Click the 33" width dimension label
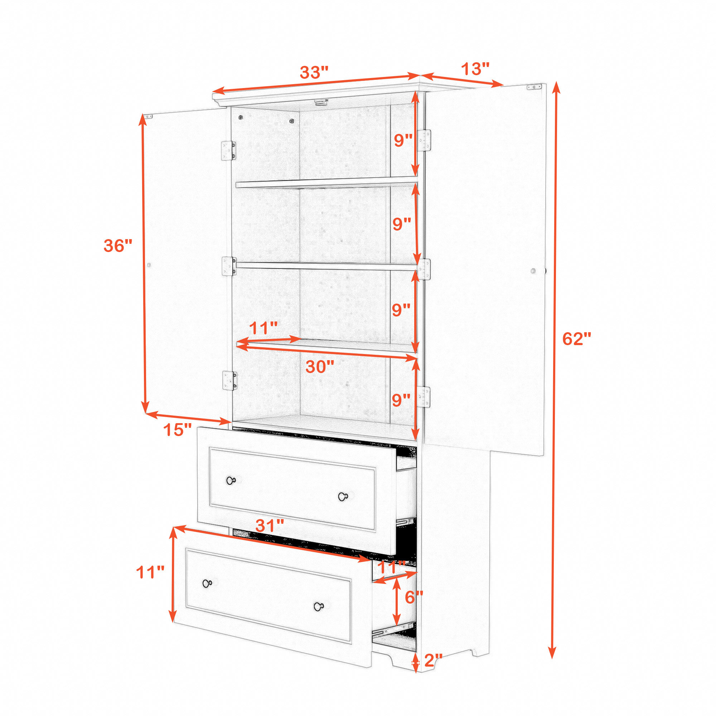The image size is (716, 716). point(314,72)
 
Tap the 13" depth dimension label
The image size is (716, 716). point(475,69)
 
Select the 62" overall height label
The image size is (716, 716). point(577,339)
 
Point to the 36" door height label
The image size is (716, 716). point(118,246)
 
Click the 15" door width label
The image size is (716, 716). point(178,430)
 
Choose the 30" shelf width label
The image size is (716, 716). point(320,367)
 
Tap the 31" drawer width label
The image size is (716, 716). point(270,526)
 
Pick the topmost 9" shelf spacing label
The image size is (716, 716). point(403,140)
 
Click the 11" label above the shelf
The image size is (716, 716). point(263,328)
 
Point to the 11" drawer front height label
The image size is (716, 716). point(150,572)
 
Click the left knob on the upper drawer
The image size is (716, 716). point(231,481)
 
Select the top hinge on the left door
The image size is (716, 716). point(228,151)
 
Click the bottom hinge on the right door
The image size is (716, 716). point(424,397)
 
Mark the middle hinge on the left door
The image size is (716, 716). point(229,266)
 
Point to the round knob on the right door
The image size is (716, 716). point(533,271)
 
